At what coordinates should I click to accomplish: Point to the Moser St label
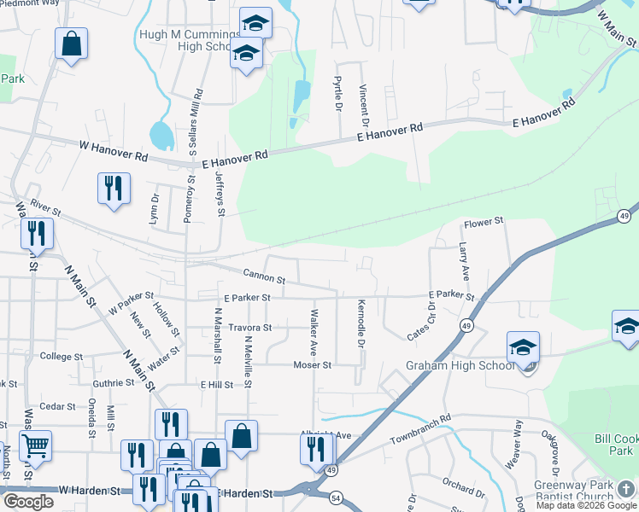click(x=312, y=365)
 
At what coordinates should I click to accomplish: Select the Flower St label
click(x=484, y=223)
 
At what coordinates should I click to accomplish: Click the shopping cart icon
click(x=34, y=445)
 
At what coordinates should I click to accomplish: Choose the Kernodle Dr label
click(x=361, y=323)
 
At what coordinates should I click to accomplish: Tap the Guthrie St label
click(x=114, y=384)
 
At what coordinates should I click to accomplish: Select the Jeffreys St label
click(x=220, y=194)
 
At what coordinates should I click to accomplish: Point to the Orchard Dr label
click(x=464, y=487)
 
